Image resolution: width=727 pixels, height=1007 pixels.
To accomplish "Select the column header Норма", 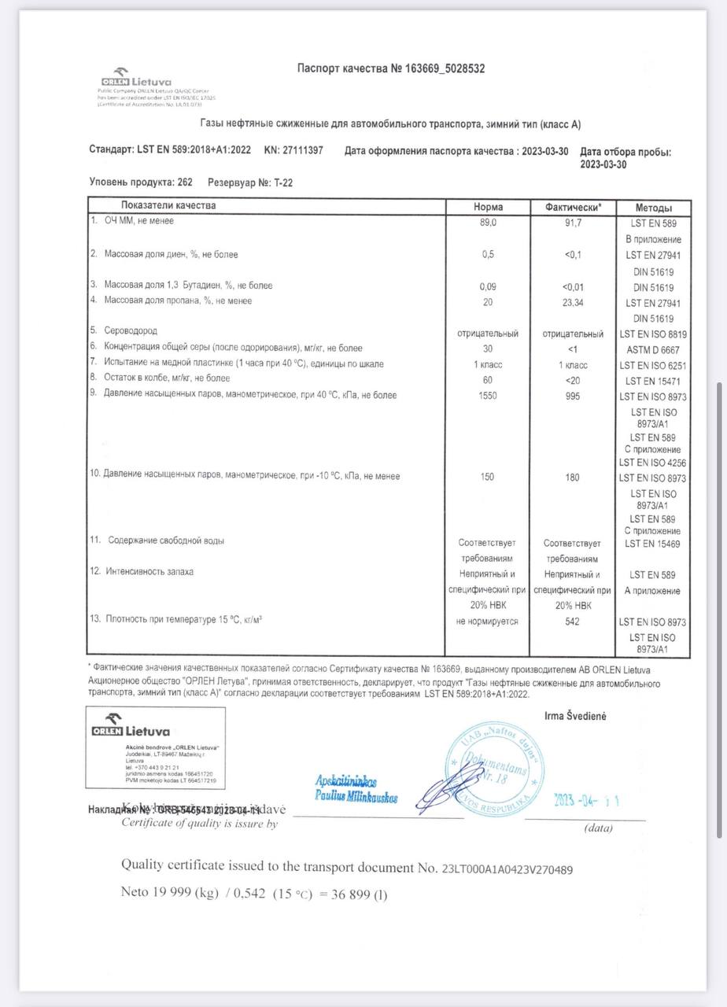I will click(x=489, y=206).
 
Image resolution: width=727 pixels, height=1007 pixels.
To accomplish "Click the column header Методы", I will click(x=653, y=206).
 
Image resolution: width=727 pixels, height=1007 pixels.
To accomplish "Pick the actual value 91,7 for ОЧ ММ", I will click(x=572, y=223).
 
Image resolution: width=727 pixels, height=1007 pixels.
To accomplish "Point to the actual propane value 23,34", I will click(x=572, y=302).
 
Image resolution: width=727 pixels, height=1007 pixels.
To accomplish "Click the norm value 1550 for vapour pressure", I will click(x=489, y=396).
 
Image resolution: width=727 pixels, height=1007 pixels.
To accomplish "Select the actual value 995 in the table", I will click(x=572, y=396).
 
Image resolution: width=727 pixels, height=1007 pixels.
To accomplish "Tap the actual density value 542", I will click(x=572, y=622).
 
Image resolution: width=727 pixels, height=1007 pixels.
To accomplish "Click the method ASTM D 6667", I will click(x=653, y=349).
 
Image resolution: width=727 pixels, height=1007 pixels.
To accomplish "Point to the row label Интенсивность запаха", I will click(x=149, y=572).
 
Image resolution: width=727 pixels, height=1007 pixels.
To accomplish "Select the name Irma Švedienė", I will click(x=575, y=715).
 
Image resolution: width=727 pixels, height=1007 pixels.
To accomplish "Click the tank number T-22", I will click(x=283, y=183).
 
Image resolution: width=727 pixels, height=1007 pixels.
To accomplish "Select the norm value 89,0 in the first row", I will click(x=489, y=223).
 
